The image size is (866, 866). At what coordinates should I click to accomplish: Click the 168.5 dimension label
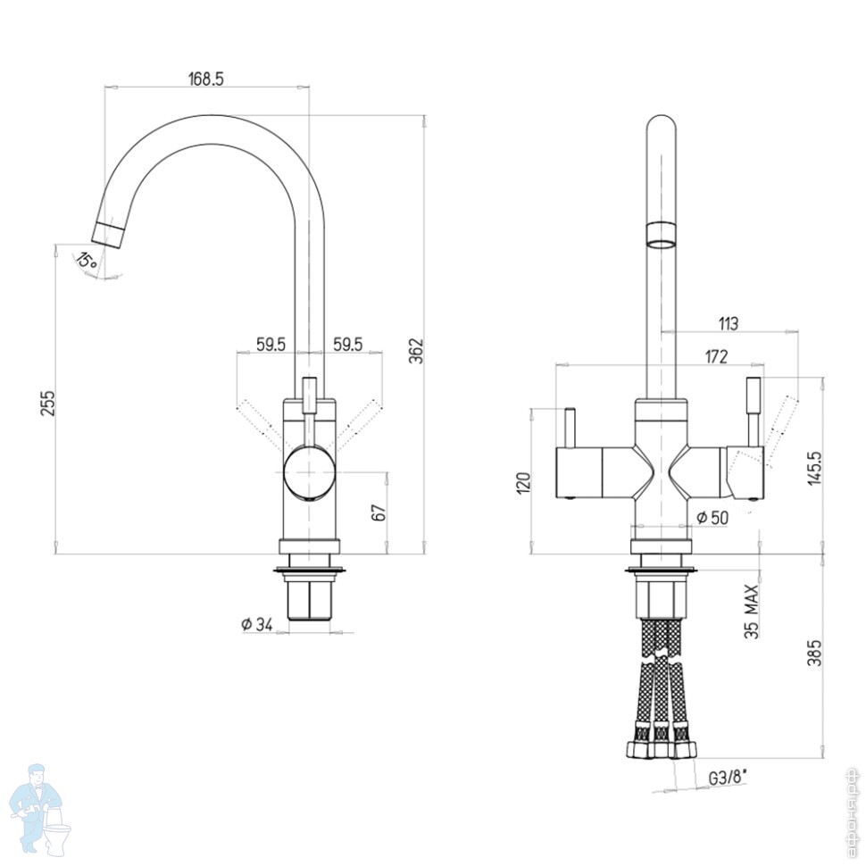click(206, 79)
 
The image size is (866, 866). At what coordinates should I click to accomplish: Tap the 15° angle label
click(87, 260)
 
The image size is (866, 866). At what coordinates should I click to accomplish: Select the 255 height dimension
click(49, 404)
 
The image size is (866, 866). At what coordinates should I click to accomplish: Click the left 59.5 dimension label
click(271, 345)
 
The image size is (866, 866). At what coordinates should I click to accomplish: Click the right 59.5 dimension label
click(347, 345)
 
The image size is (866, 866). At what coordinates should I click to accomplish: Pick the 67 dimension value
click(379, 512)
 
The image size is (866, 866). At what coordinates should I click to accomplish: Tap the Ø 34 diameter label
click(257, 624)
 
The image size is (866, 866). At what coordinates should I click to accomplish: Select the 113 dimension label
click(728, 323)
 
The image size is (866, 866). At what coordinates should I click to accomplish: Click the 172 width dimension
click(716, 357)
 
